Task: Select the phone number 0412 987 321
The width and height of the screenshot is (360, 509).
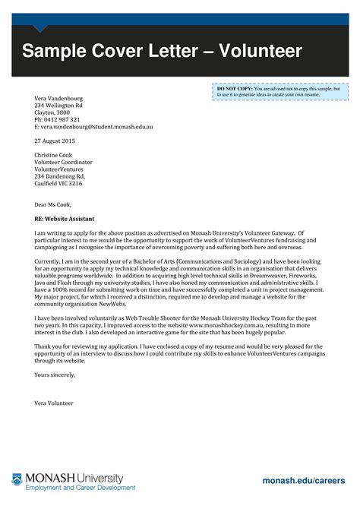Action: [x=63, y=120]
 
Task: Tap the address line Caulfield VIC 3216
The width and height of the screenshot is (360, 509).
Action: [x=59, y=183]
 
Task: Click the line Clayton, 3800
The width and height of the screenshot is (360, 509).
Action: [x=52, y=112]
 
